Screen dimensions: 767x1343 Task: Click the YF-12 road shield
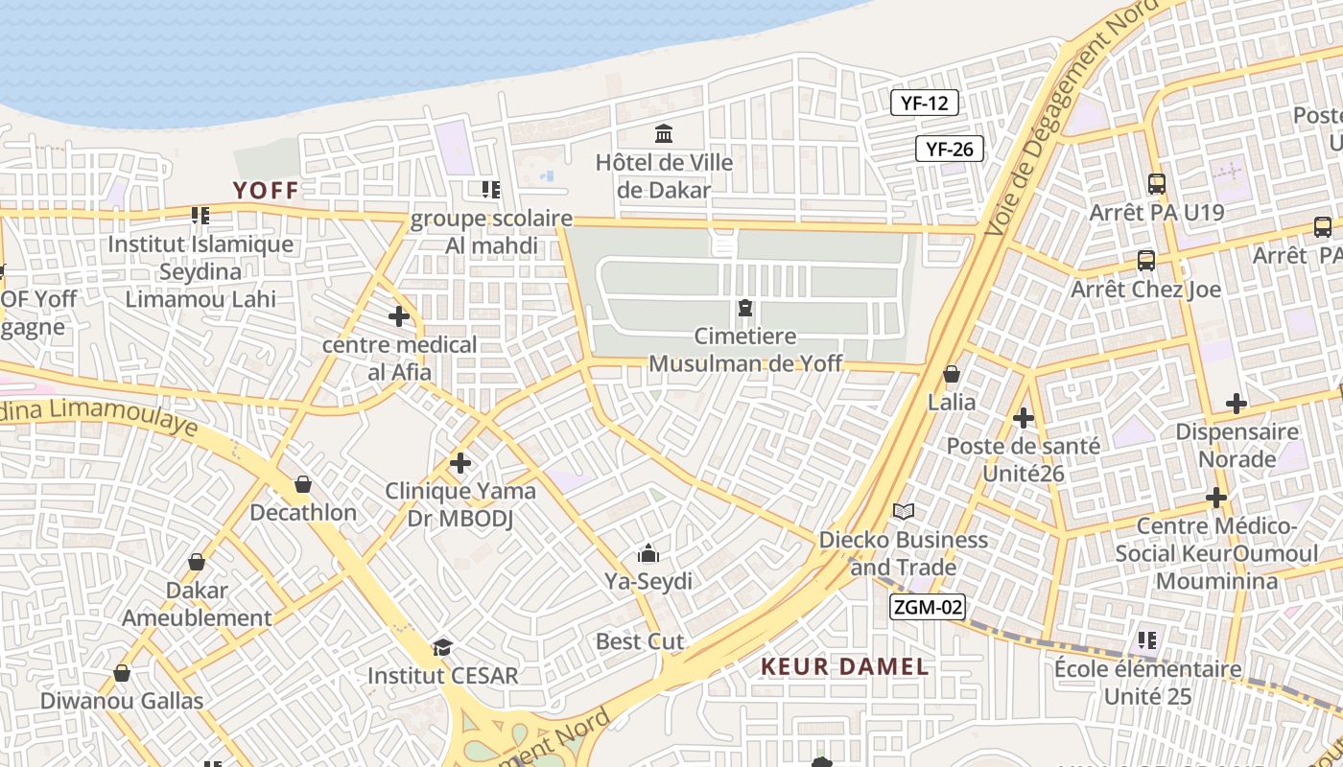(925, 104)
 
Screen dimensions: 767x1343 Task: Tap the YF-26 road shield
(950, 149)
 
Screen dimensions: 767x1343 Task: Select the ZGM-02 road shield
(927, 607)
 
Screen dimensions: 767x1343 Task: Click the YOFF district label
(266, 191)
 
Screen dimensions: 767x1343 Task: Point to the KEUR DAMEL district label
(844, 666)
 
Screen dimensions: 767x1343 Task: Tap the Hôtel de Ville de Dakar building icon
(663, 133)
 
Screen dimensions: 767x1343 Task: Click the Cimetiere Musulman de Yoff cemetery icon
(744, 308)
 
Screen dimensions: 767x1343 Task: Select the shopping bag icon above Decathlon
(303, 484)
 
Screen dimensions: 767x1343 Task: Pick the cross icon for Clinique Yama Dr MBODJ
(460, 463)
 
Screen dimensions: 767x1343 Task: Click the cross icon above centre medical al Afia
(399, 315)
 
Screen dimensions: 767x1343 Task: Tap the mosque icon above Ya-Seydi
(648, 553)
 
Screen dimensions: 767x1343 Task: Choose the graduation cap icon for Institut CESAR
(442, 647)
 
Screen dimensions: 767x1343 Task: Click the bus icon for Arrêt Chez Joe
(1145, 260)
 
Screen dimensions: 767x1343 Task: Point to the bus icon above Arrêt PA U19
(1157, 183)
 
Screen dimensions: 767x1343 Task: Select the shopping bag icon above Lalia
(952, 373)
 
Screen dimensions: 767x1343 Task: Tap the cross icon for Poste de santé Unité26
(1024, 418)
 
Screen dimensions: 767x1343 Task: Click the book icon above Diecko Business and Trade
(903, 511)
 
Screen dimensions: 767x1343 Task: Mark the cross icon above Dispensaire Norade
(1237, 404)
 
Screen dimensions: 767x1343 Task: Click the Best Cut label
(640, 641)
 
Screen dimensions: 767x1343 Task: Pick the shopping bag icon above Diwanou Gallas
(122, 673)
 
